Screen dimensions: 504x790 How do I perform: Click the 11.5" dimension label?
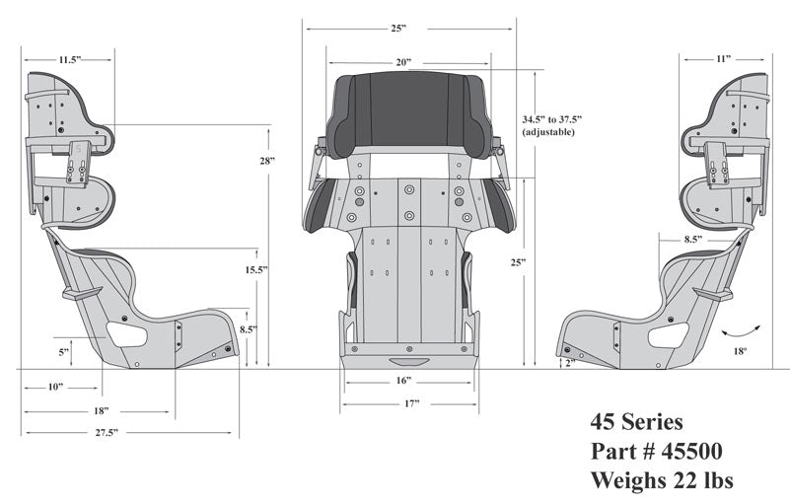coord(68,60)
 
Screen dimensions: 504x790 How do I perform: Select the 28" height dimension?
coord(267,160)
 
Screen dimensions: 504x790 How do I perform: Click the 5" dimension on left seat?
coord(64,351)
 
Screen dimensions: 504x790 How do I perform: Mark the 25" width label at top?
coord(398,29)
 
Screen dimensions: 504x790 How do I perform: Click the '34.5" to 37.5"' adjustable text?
coord(548,124)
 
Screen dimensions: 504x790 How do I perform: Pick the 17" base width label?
coord(411,403)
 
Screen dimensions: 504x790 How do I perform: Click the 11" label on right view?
coord(723,60)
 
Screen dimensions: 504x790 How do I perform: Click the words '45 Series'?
coord(636,422)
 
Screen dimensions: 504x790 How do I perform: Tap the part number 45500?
coord(656,451)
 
